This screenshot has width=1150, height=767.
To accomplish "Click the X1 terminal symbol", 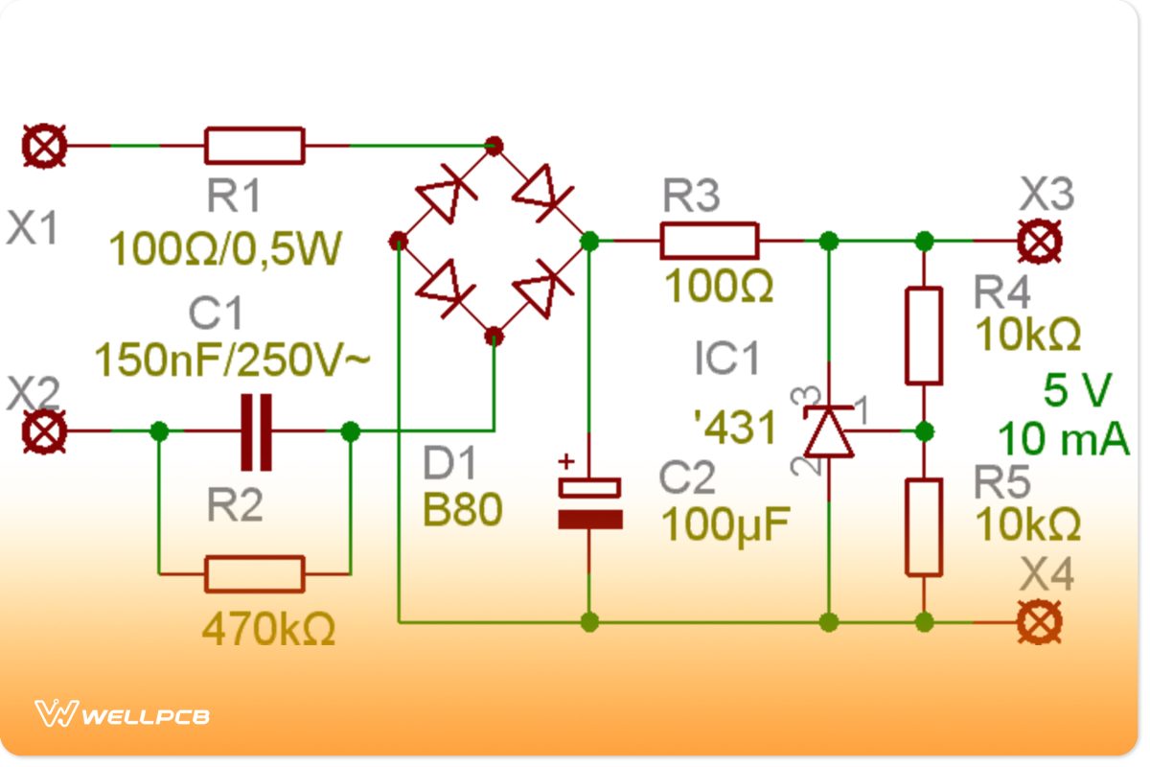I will (45, 147).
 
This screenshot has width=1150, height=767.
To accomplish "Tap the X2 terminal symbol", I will (45, 431).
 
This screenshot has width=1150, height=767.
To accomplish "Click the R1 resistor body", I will (254, 147).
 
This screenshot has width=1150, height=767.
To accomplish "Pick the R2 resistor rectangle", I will (254, 574).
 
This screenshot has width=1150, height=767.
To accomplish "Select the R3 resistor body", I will (709, 241).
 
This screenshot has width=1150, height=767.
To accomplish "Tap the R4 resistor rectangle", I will (924, 336).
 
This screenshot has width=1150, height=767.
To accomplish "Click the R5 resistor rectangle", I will (924, 527).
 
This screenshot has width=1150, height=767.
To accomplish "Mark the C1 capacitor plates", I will (255, 431).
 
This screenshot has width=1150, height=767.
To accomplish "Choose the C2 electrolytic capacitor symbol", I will (590, 503).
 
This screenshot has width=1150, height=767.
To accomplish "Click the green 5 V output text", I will (1077, 391).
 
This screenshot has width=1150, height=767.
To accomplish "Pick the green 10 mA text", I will (1064, 439).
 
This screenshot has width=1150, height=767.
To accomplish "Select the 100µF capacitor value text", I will (725, 523).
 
